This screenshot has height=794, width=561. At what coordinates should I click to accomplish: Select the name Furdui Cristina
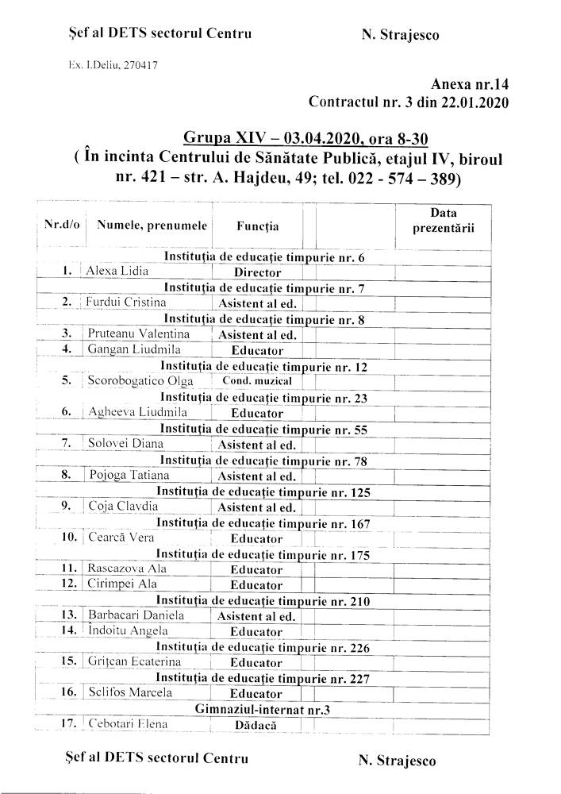(x=127, y=302)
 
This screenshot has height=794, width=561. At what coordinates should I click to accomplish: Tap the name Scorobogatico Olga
(x=140, y=380)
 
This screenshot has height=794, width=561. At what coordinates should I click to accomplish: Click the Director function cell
(x=256, y=272)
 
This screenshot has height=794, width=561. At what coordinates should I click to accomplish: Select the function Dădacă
(x=256, y=724)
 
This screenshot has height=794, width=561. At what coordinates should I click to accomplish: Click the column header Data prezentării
(x=444, y=220)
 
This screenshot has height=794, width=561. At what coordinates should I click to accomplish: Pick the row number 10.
(x=69, y=538)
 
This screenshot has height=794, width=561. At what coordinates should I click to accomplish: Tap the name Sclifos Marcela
(x=129, y=692)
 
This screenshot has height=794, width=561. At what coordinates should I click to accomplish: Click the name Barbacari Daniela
(x=136, y=615)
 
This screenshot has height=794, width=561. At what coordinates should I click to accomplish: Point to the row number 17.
(x=69, y=723)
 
